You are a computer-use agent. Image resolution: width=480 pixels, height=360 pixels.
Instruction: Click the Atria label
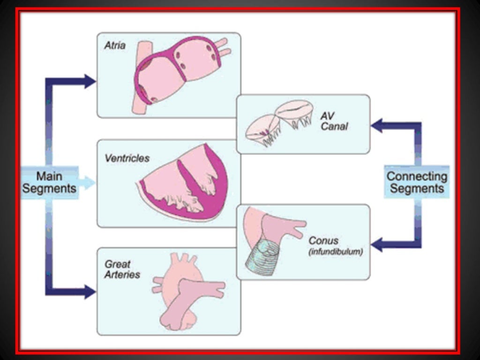tap(115, 46)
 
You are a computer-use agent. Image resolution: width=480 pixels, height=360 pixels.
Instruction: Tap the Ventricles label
tap(127, 158)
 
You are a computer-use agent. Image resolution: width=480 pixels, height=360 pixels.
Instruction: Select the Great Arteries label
tap(122, 270)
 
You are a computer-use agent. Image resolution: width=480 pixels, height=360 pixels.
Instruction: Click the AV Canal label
tap(334, 121)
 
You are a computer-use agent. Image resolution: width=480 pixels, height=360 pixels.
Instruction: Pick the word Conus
tap(323, 240)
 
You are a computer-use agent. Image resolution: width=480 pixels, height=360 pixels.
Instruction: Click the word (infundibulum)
tap(335, 252)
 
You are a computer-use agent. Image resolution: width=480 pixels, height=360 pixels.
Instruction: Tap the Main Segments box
tap(49, 182)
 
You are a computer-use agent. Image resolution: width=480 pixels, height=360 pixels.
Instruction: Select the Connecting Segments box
tap(416, 182)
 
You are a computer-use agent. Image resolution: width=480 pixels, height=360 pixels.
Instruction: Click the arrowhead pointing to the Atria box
tap(90, 81)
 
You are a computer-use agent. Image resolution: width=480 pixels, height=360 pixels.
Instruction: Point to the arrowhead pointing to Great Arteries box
tap(90, 292)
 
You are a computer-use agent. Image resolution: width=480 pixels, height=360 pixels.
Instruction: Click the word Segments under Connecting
tap(416, 189)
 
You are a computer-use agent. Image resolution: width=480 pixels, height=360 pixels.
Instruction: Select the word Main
tap(49, 176)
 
